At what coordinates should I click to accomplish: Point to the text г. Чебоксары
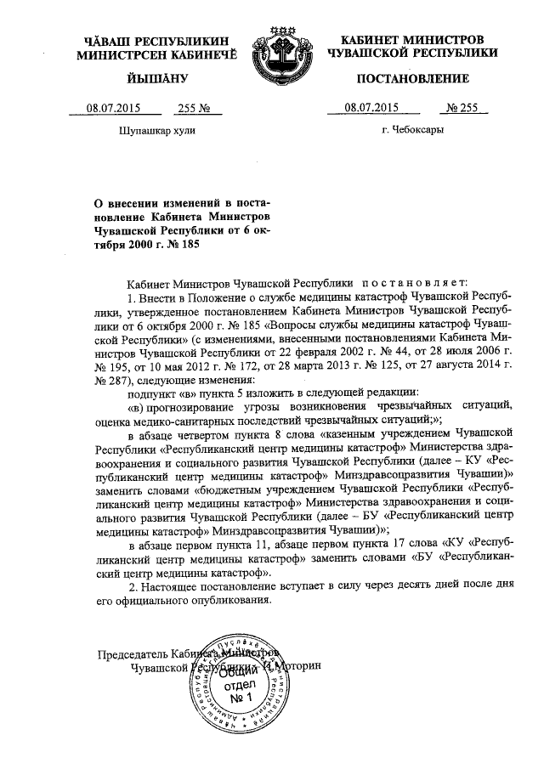tap(412, 131)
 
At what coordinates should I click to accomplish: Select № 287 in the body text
tap(107, 379)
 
